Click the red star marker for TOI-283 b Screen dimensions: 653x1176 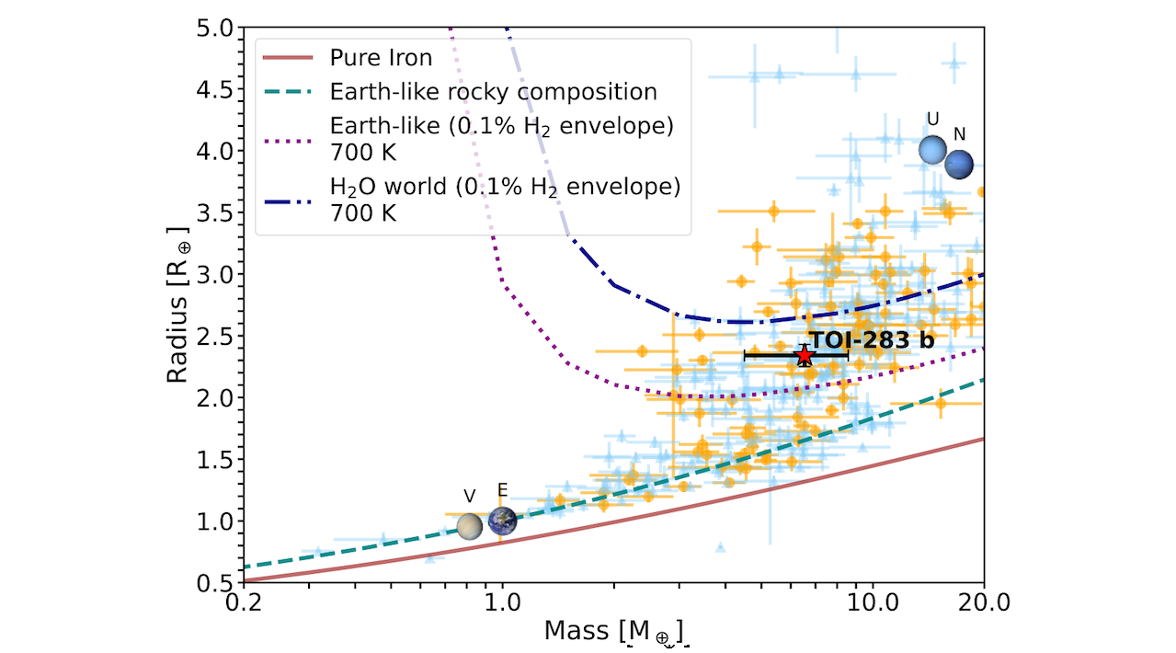point(805,355)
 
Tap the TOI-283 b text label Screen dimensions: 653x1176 point(871,339)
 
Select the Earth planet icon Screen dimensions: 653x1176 point(502,521)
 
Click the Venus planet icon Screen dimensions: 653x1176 point(470,527)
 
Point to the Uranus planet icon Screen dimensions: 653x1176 point(932,150)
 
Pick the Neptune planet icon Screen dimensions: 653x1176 point(959,165)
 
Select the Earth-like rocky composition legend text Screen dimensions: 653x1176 point(493,92)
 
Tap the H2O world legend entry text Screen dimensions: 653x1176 point(505,187)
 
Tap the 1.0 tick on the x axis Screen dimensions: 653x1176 point(501,602)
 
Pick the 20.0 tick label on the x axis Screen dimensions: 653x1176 point(984,602)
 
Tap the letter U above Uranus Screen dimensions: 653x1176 point(933,120)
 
